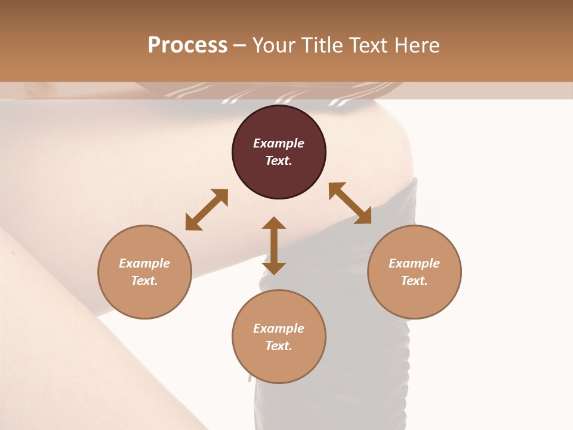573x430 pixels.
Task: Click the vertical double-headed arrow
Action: click(x=274, y=245)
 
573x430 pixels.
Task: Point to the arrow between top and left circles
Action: click(x=207, y=210)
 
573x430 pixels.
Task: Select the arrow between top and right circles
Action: click(x=350, y=203)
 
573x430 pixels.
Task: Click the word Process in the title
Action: click(x=187, y=45)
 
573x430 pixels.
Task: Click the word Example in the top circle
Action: click(x=279, y=143)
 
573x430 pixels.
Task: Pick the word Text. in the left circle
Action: click(x=144, y=281)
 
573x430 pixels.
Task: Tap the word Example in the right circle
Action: click(x=414, y=263)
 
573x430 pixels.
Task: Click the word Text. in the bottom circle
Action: click(x=279, y=346)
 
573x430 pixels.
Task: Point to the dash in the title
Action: click(x=240, y=46)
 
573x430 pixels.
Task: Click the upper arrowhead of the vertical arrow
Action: click(x=274, y=223)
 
